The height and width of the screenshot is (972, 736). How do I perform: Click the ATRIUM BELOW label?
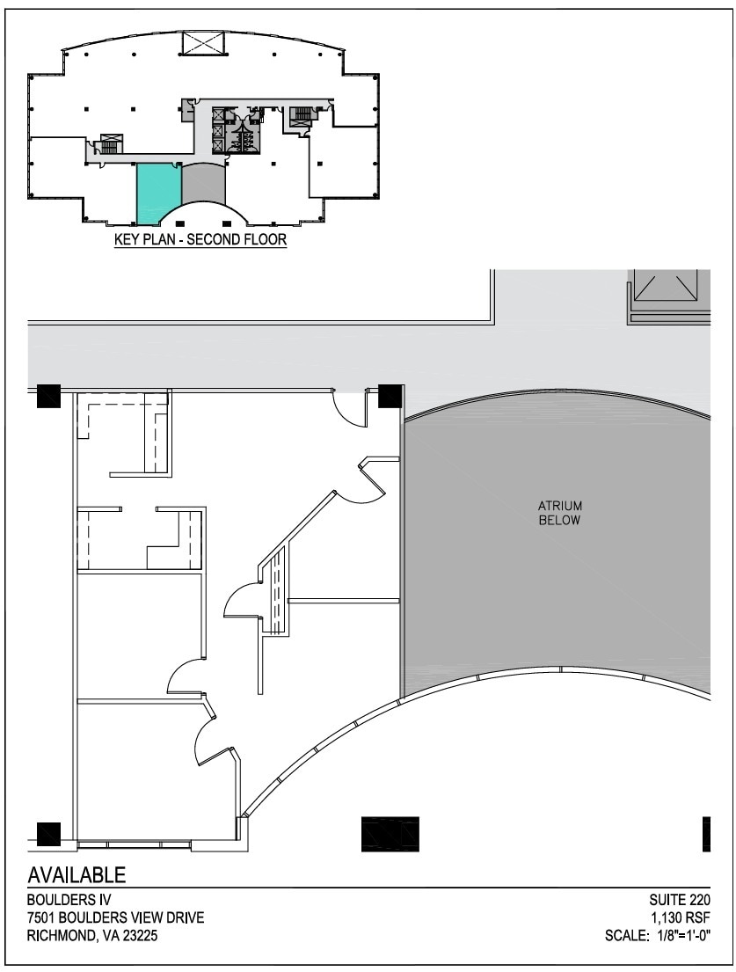pos(560,513)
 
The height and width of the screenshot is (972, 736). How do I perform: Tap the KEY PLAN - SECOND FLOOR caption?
pos(200,239)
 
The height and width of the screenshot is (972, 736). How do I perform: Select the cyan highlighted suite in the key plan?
pos(157,192)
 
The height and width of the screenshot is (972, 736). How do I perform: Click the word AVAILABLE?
pos(77,875)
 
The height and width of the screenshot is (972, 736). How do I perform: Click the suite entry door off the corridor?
pos(351,409)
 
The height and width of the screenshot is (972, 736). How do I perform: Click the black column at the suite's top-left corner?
pos(48,397)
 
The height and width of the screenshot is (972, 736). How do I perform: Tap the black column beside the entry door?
pos(390,397)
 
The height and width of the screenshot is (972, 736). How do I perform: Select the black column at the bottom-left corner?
pos(48,833)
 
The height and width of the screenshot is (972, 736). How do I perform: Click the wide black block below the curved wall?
pos(390,834)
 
